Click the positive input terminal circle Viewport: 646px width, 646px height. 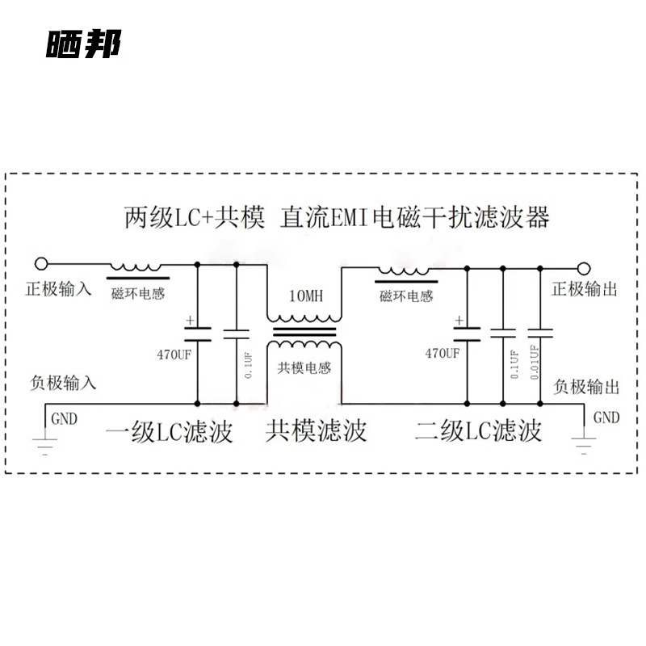40,263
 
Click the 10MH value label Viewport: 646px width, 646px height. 306,296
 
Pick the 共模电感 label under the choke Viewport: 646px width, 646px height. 304,367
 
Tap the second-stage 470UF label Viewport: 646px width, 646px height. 443,353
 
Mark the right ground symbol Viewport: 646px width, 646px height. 583,443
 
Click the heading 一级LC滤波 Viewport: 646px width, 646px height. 169,431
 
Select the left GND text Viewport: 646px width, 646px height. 65,418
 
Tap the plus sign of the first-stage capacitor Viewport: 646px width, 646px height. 190,320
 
